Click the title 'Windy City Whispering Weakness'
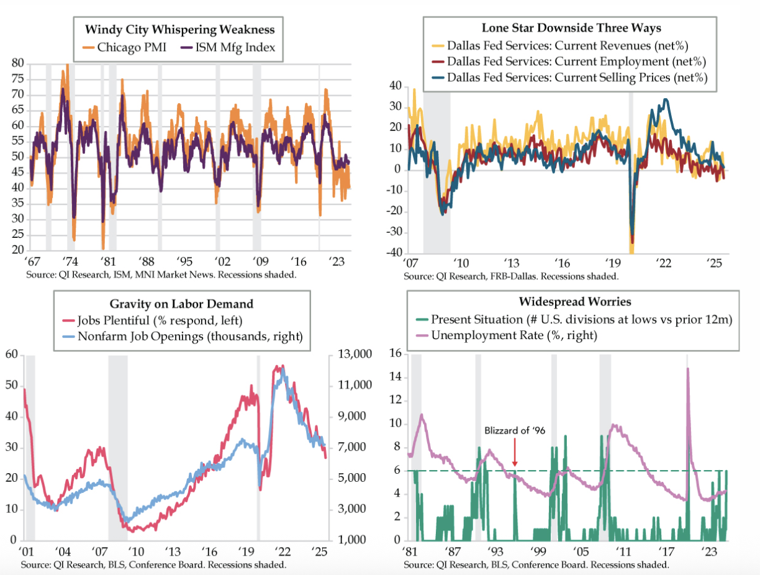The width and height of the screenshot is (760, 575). (x=179, y=29)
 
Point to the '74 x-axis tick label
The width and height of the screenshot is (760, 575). (x=71, y=261)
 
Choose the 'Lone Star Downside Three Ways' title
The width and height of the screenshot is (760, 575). (x=571, y=28)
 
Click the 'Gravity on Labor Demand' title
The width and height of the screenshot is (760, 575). (x=181, y=304)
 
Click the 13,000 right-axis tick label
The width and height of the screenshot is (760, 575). (x=354, y=355)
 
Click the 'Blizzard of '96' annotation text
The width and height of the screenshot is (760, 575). (x=514, y=430)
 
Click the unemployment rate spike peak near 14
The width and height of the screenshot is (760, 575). (x=687, y=369)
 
